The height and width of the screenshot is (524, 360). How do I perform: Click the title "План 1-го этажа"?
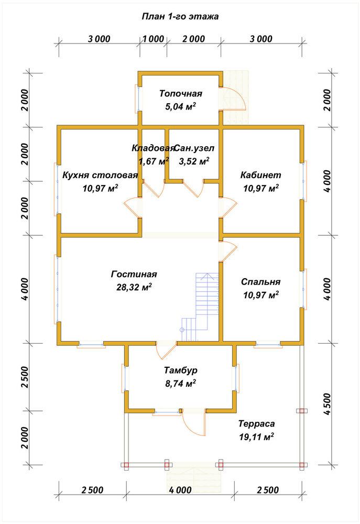pyautogui.click(x=180, y=16)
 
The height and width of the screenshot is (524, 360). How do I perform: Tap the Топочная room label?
pyautogui.click(x=180, y=94)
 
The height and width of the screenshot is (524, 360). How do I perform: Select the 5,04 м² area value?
pyautogui.click(x=180, y=106)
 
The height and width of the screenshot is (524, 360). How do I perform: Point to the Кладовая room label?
pyautogui.click(x=153, y=148)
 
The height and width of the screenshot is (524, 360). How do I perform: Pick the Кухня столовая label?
pyautogui.click(x=100, y=175)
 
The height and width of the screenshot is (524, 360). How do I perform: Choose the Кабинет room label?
pyautogui.click(x=261, y=175)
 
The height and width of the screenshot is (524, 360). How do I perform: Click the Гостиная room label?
pyautogui.click(x=134, y=274)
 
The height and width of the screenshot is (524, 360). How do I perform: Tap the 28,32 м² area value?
pyautogui.click(x=134, y=287)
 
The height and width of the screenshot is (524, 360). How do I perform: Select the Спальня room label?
pyautogui.click(x=261, y=282)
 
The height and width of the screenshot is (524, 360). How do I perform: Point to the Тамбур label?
pyautogui.click(x=180, y=370)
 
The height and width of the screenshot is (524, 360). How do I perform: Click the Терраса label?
pyautogui.click(x=257, y=424)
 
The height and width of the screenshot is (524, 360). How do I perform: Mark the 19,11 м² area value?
pyautogui.click(x=257, y=437)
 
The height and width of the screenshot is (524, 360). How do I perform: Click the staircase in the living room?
pyautogui.click(x=201, y=302)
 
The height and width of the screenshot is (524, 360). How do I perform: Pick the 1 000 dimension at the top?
pyautogui.click(x=154, y=39)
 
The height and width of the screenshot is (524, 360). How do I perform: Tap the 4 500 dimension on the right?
pyautogui.click(x=327, y=403)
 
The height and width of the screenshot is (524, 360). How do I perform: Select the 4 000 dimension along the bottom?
pyautogui.click(x=180, y=490)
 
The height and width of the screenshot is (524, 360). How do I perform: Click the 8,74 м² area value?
pyautogui.click(x=180, y=384)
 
